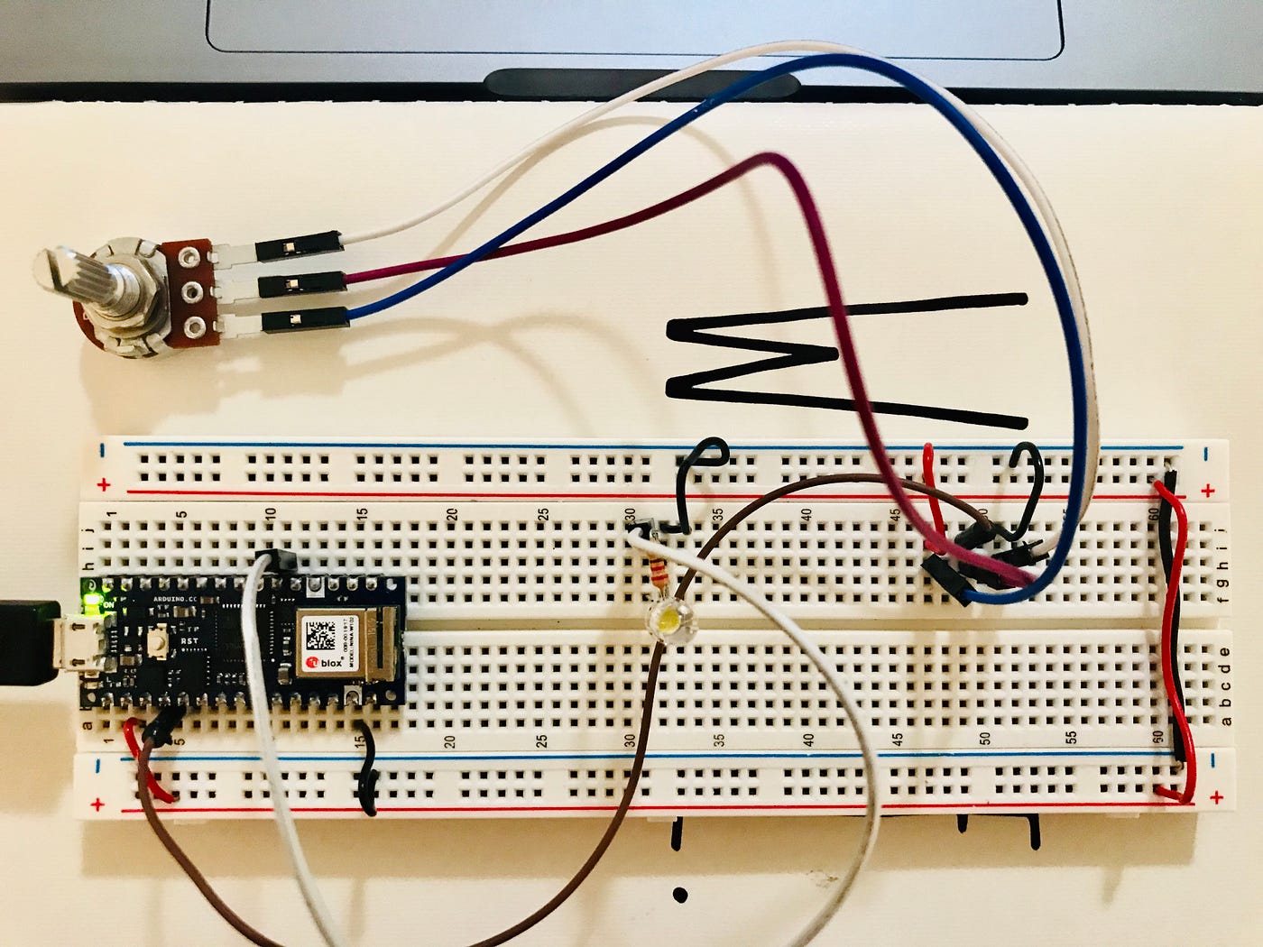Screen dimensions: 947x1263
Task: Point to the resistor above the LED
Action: click(656, 571)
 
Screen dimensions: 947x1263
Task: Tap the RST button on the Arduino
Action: click(161, 643)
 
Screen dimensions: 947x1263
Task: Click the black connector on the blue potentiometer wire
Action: click(304, 318)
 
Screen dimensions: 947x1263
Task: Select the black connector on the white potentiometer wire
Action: click(300, 244)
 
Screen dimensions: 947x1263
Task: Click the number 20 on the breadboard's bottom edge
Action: click(450, 741)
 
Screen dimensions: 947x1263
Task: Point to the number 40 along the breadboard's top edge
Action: click(806, 516)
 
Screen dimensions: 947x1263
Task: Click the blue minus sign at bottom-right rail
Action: click(1214, 760)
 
